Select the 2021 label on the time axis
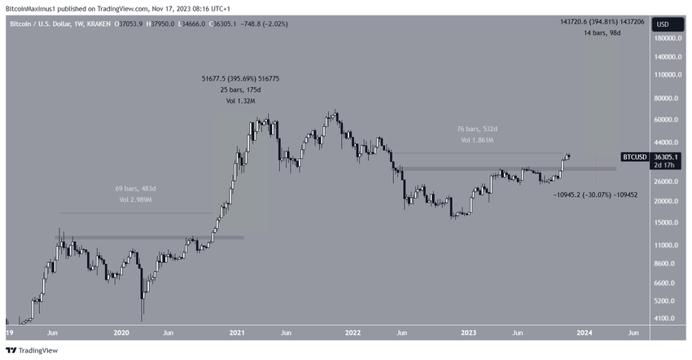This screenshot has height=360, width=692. (x=237, y=332)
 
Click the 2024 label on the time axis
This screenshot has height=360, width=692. (x=585, y=332)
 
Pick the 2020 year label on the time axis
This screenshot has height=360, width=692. (x=121, y=332)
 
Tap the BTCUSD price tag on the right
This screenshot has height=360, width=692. (x=635, y=156)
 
